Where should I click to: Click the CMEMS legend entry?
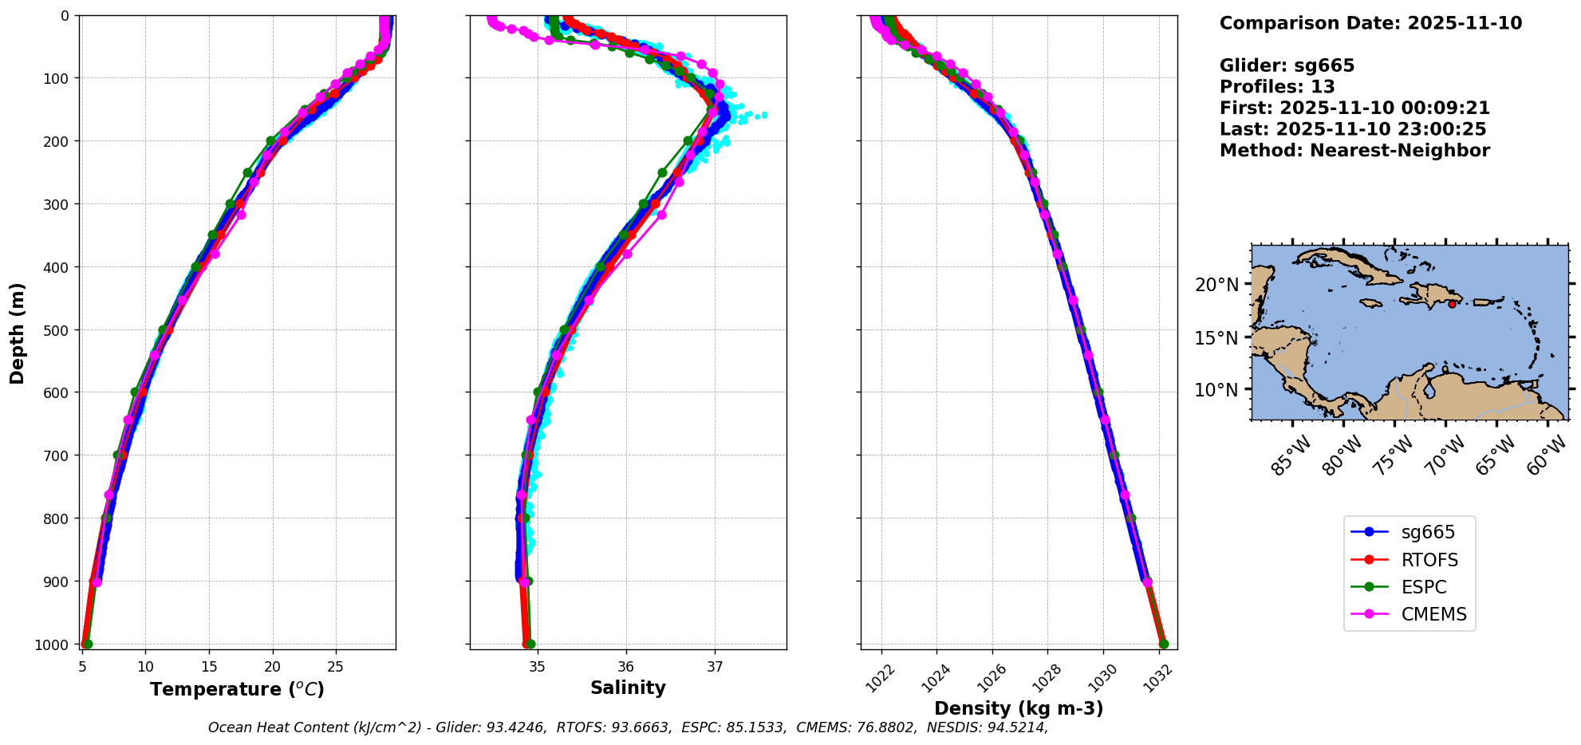point(1433,614)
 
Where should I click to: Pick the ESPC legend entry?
point(1424,587)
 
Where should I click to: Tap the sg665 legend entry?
point(1428,532)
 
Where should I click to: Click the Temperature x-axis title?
point(237,689)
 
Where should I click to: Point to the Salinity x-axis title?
point(628,688)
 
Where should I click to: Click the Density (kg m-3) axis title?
point(1019,708)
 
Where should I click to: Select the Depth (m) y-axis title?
point(18,333)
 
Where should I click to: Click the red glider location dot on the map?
point(1452,304)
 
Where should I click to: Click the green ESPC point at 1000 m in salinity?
point(530,644)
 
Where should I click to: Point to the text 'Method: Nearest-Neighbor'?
point(1354,151)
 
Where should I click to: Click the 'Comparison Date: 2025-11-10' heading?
point(1370,23)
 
